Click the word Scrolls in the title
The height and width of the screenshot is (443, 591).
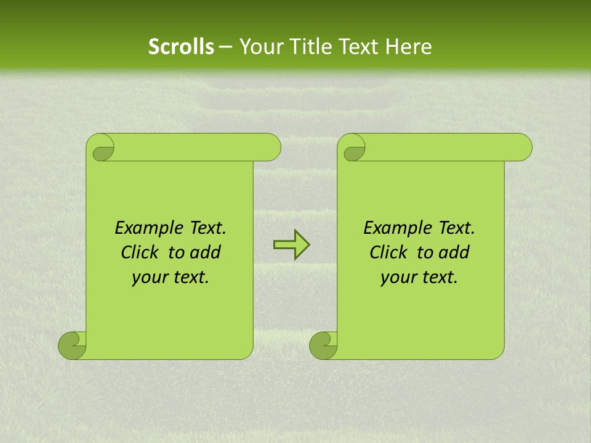pos(181,47)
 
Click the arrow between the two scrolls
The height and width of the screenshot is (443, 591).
pos(291,245)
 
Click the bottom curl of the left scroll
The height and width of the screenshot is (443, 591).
pos(72,345)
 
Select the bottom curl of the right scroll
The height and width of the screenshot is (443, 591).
pos(323,345)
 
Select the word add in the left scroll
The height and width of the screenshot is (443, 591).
pos(206,253)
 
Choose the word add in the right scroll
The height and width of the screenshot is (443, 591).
pos(454,253)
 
